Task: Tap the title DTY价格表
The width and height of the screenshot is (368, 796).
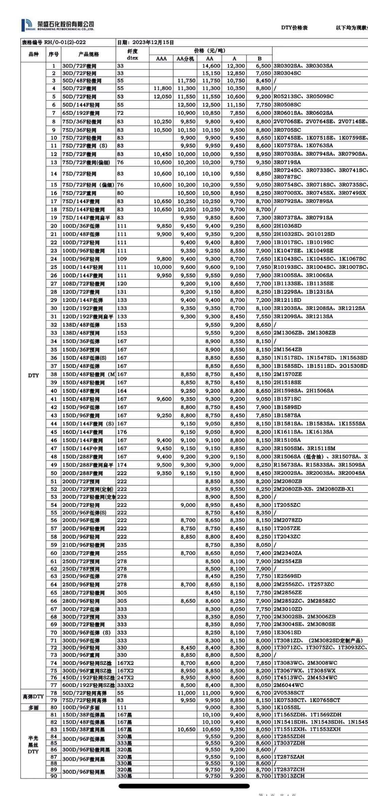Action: [294, 28]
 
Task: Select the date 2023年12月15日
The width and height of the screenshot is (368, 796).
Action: [153, 43]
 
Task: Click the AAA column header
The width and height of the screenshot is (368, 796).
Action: [161, 59]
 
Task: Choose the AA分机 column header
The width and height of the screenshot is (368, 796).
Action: [185, 59]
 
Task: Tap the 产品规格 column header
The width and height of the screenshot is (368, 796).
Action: [88, 54]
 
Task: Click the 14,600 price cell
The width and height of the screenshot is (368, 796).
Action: [211, 66]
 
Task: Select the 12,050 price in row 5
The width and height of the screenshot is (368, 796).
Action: [163, 97]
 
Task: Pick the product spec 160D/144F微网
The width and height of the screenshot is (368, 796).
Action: [82, 432]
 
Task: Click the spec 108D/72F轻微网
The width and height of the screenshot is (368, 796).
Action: [83, 284]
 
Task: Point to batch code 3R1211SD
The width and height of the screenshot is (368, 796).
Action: [287, 300]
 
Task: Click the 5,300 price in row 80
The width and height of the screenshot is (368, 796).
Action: [263, 707]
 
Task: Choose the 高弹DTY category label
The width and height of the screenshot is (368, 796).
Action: [33, 697]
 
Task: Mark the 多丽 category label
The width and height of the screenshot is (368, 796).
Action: [33, 707]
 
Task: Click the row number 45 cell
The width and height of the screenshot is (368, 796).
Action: [54, 432]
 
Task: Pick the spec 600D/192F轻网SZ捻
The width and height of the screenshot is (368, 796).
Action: [88, 685]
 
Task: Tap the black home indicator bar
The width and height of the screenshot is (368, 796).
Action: [184, 786]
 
